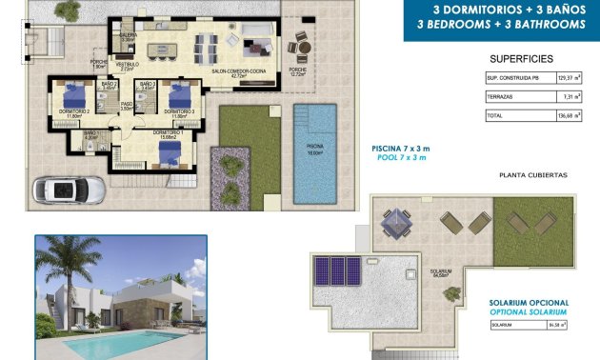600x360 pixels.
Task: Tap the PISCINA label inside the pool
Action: click(x=315, y=148)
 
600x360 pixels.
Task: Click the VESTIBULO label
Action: click(x=128, y=65)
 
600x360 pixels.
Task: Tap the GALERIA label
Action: click(x=128, y=35)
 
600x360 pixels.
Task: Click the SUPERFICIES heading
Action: click(x=520, y=58)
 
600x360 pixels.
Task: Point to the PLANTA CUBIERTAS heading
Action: click(x=532, y=175)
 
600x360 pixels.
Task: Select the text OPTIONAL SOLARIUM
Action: click(x=529, y=312)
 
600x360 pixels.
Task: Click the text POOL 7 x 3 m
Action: click(x=400, y=158)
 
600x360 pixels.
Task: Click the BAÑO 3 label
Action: click(x=148, y=85)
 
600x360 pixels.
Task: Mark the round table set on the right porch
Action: click(x=300, y=44)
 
